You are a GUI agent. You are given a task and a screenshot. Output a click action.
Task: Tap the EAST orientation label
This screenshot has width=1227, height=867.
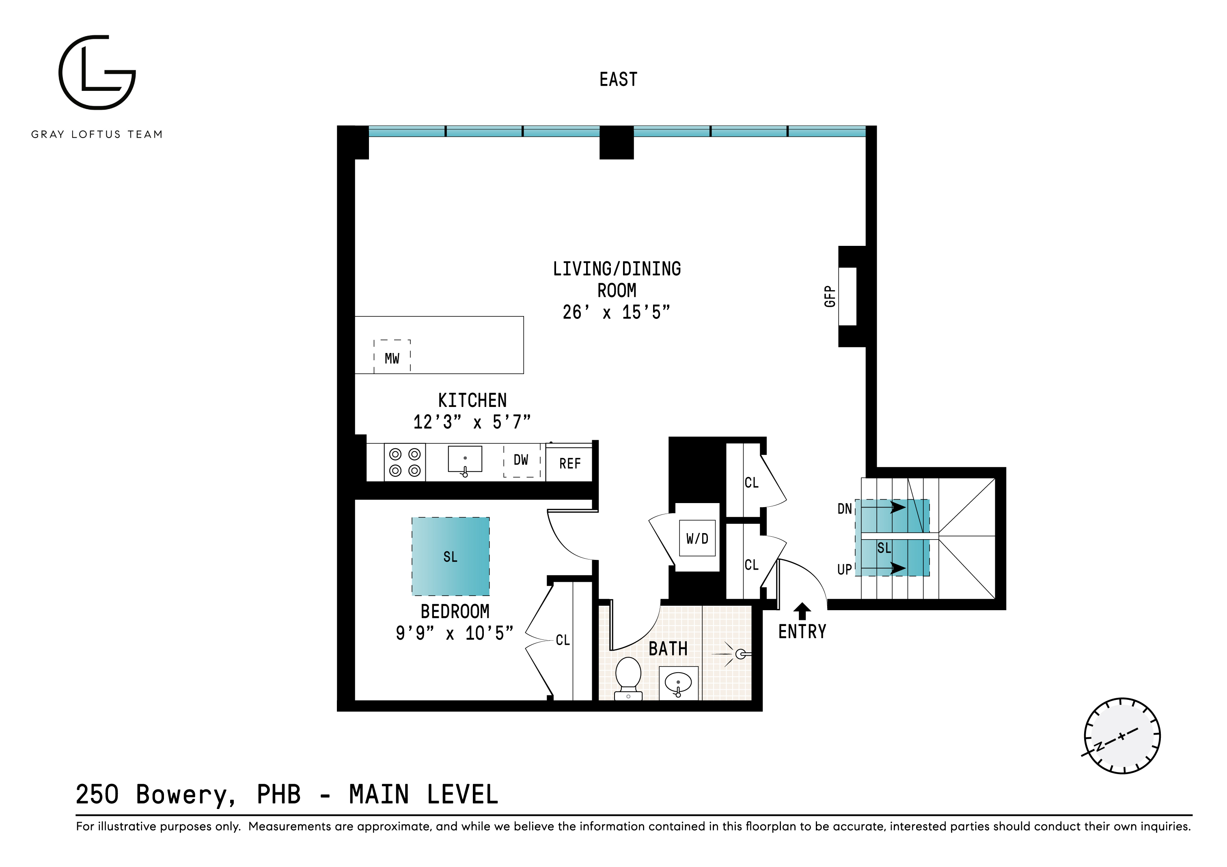coord(618,80)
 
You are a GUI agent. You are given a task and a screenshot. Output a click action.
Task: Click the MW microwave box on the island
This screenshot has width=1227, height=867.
coord(392,356)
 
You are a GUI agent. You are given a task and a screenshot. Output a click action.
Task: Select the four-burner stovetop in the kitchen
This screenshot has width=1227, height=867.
coord(405,462)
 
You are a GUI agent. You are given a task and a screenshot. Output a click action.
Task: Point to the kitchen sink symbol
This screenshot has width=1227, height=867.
coord(464,460)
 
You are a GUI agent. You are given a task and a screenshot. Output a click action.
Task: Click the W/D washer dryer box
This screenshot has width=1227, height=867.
coord(697,538)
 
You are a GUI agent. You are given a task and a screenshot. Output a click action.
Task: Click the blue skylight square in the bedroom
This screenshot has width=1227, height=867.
coord(451,556)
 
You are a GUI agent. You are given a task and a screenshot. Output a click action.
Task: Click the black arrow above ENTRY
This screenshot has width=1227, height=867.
coord(802,611)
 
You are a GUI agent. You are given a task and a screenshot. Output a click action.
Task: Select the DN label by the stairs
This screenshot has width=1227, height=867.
coord(844,508)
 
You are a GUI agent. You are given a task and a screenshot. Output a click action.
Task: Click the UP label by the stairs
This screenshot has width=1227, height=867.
coord(844,570)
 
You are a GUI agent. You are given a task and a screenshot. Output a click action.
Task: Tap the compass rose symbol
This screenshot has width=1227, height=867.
coord(1122,736)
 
